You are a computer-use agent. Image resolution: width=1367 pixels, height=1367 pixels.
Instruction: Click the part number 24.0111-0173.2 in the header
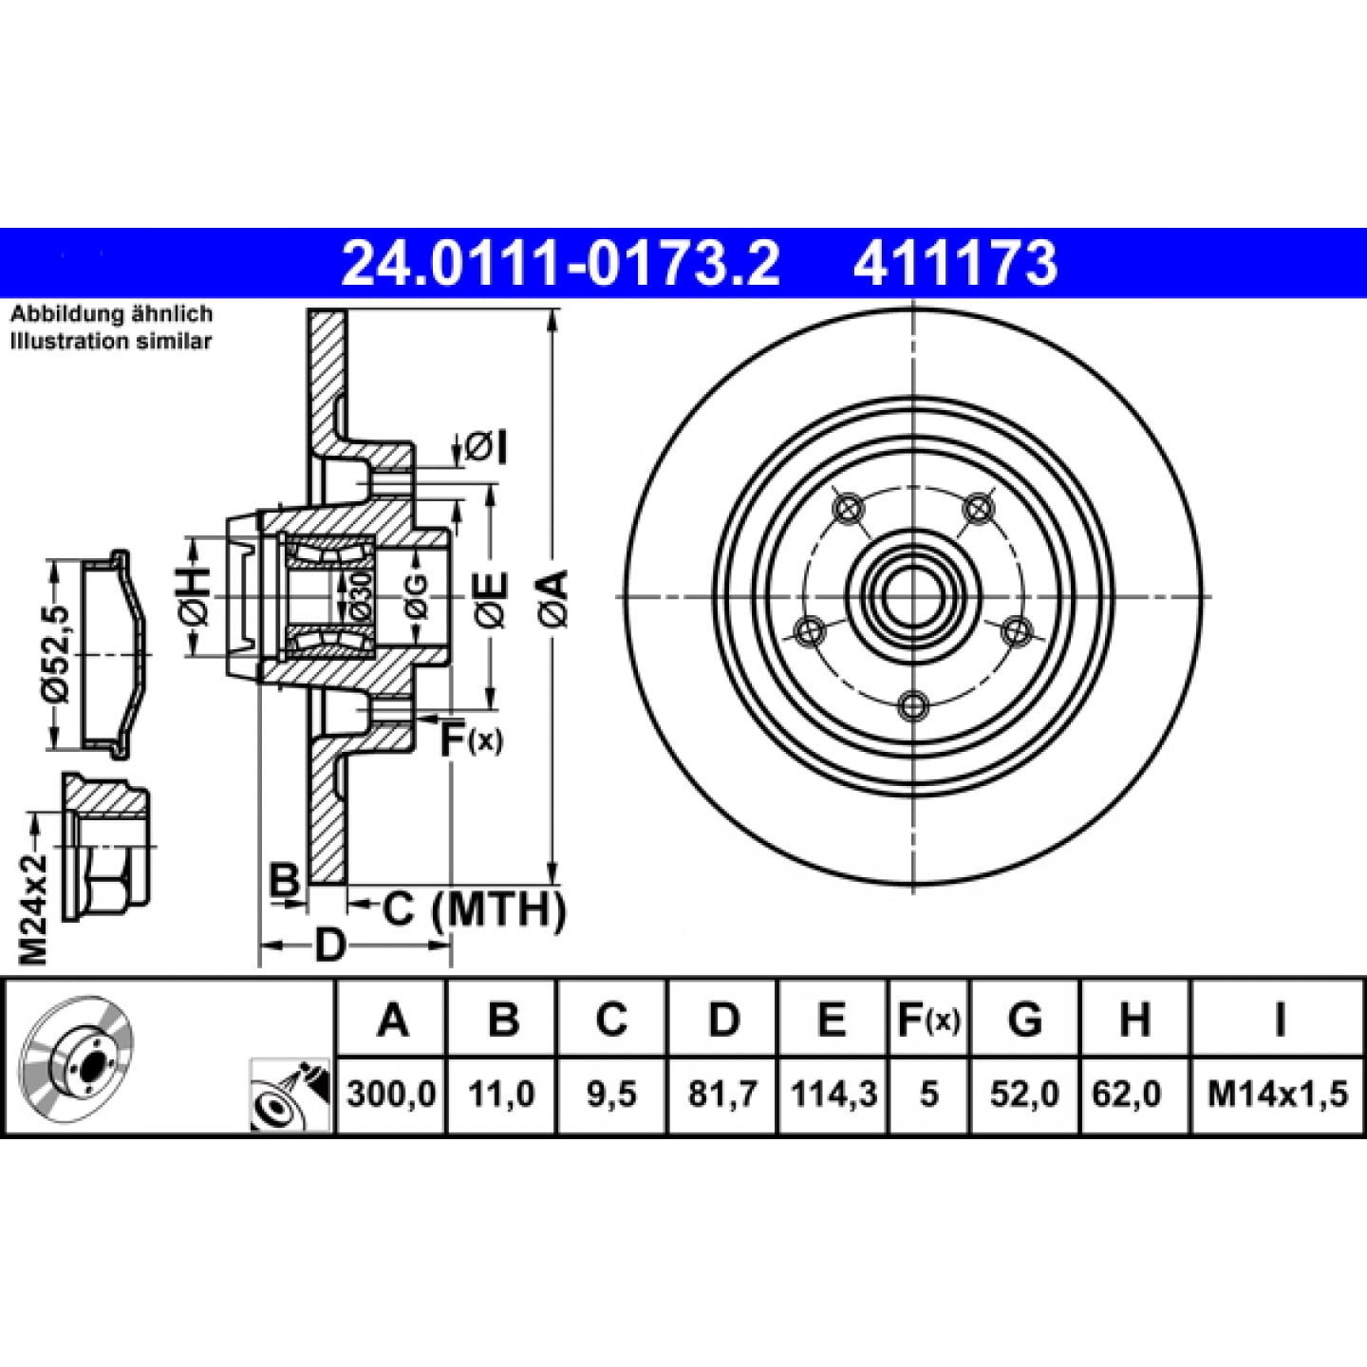(x=560, y=263)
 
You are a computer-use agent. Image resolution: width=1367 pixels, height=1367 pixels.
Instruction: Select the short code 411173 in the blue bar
(x=956, y=263)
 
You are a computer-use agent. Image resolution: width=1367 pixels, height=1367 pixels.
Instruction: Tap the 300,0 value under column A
(x=391, y=1094)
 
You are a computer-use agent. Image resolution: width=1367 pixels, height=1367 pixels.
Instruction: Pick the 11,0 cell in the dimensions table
(x=501, y=1094)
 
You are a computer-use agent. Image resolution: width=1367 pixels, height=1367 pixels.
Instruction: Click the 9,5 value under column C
(x=611, y=1094)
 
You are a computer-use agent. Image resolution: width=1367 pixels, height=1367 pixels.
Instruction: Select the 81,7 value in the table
(x=722, y=1094)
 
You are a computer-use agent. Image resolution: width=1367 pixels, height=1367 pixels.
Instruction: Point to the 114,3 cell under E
(x=833, y=1094)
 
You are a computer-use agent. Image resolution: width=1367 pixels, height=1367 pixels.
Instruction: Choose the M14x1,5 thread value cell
(x=1278, y=1094)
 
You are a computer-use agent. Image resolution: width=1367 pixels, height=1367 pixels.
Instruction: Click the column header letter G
(x=1025, y=1019)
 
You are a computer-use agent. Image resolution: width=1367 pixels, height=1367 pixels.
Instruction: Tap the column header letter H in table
(x=1134, y=1019)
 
